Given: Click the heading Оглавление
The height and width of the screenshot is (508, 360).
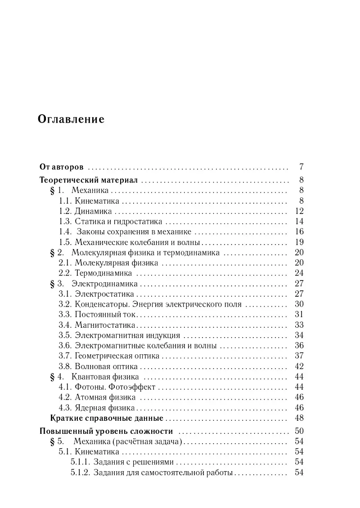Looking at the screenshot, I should coord(72,120).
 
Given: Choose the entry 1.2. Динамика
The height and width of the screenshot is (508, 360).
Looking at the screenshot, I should coord(85,211).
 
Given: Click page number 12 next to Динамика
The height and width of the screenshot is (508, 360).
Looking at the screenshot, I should coord(299,211).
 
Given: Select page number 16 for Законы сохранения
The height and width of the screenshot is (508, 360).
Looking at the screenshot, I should coord(299,232).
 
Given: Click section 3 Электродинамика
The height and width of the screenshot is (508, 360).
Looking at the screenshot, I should coord(99,284).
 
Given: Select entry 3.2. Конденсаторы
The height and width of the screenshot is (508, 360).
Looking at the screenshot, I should coord(150,304).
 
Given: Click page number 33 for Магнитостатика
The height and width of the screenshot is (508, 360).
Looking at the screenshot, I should coord(299,325).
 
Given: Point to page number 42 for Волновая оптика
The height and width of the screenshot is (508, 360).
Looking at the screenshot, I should coord(299,366).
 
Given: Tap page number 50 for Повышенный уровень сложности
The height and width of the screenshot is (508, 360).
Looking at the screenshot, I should coord(299,431).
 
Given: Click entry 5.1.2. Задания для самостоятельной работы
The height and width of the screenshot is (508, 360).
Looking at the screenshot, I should coord(152,472).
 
